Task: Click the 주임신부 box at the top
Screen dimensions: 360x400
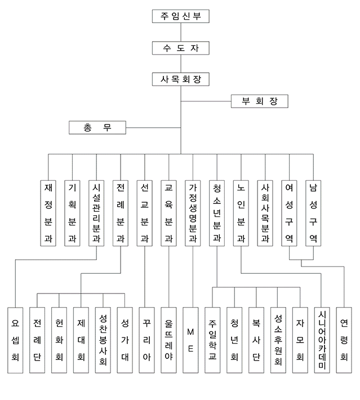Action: (x=181, y=16)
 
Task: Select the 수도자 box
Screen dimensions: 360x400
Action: (x=181, y=48)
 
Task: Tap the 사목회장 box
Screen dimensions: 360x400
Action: (x=181, y=79)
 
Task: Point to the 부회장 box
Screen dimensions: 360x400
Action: (x=260, y=101)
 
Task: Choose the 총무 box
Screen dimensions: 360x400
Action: (x=97, y=127)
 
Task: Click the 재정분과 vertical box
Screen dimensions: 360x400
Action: (x=48, y=214)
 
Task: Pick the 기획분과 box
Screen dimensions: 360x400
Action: (x=72, y=214)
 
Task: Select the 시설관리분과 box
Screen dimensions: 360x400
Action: (x=96, y=214)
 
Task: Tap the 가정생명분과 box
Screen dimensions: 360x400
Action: (x=193, y=214)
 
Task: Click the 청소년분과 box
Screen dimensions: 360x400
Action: (x=217, y=214)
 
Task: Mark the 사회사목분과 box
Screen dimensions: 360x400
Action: (x=265, y=214)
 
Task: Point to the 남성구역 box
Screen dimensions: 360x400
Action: (x=313, y=214)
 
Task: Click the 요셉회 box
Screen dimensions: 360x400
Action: (x=15, y=340)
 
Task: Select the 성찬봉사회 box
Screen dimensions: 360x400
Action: (x=103, y=340)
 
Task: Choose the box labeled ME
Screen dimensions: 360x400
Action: (x=190, y=340)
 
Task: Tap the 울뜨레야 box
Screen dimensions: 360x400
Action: (x=168, y=340)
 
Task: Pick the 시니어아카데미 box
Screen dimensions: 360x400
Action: (x=322, y=340)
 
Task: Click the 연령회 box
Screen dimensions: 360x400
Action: (x=344, y=340)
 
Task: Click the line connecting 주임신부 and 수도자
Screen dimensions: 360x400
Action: (x=181, y=32)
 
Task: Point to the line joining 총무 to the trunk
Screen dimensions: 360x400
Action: (x=153, y=127)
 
